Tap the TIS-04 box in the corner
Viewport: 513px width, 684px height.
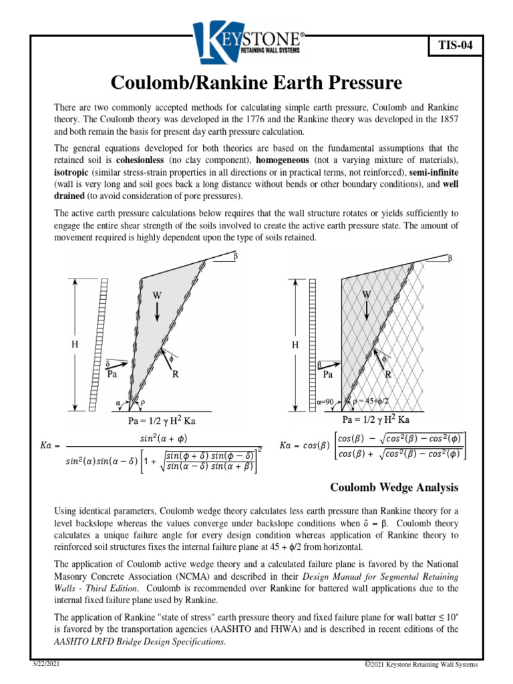pyautogui.click(x=454, y=45)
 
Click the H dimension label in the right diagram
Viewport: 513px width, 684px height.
pyautogui.click(x=296, y=345)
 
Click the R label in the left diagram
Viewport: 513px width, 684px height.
pyautogui.click(x=175, y=375)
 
